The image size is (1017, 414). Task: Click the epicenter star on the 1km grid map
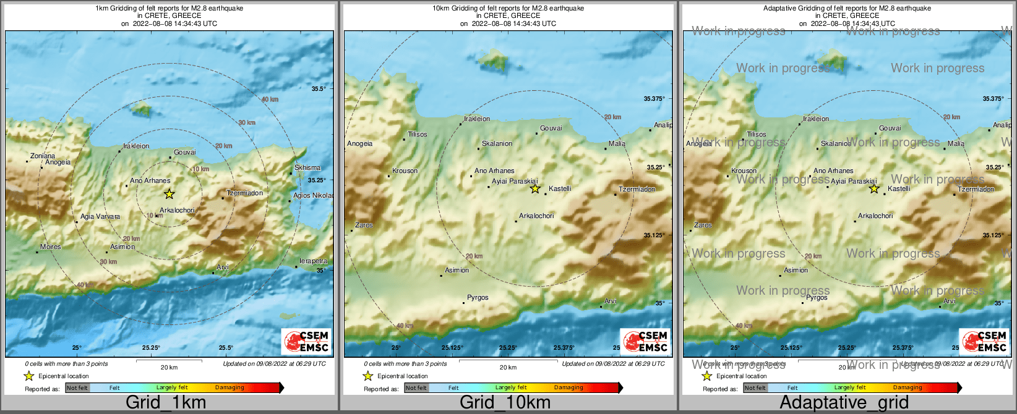pos(169,194)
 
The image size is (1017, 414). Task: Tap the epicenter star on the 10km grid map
pos(535,188)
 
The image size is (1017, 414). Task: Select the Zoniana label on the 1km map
pos(43,156)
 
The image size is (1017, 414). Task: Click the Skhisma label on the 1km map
pos(307,167)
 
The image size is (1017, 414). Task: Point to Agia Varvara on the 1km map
pos(100,217)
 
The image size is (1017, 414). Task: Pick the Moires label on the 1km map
pos(51,247)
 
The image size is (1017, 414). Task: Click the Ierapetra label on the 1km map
pos(313,261)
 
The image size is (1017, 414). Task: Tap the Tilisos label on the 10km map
pos(418,134)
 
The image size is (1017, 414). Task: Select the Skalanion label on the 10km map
pos(497,143)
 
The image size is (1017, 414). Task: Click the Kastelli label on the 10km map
pos(560,188)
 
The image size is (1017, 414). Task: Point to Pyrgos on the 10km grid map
pos(478,298)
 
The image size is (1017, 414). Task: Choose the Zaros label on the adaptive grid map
pos(703,226)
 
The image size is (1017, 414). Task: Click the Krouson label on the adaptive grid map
pos(744,171)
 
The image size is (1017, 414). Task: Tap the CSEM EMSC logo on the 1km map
pos(306,341)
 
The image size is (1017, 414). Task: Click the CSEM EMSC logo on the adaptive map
pos(984,341)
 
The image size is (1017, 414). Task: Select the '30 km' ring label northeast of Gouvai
pos(247,123)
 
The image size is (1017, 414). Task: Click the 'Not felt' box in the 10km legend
pos(416,388)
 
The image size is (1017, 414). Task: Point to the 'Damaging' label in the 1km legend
pos(230,388)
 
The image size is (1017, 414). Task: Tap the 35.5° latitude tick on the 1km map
pos(319,89)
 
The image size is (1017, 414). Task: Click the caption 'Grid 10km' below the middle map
pos(505,402)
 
